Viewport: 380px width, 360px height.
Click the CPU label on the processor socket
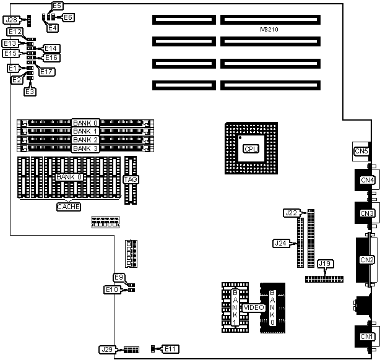tap(251, 149)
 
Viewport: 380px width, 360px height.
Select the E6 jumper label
tap(67, 17)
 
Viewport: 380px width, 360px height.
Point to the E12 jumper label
tap(15, 32)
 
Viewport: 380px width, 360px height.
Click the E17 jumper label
tap(47, 72)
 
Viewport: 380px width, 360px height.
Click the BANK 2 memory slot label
tap(85, 140)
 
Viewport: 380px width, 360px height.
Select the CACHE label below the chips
tap(69, 207)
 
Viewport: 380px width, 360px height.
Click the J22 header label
tap(291, 213)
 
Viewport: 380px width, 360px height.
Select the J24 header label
tap(280, 243)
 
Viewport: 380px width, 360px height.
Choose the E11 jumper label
tap(170, 349)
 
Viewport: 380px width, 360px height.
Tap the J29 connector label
tap(106, 349)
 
